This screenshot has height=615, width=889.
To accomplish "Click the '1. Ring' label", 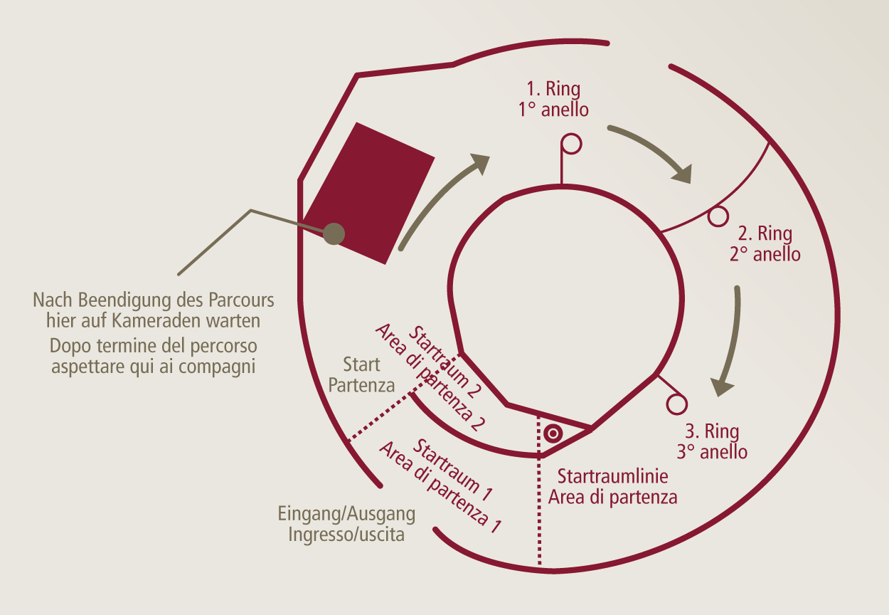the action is click(x=553, y=88).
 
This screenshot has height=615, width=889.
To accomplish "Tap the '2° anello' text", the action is click(x=765, y=254).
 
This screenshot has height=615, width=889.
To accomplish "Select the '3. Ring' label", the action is click(x=712, y=431).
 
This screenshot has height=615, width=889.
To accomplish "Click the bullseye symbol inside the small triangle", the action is click(x=553, y=433).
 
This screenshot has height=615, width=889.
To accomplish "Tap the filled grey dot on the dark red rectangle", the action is click(x=334, y=233).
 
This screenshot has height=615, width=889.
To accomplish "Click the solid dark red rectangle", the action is click(x=368, y=193).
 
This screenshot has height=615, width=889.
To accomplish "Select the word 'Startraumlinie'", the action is click(x=613, y=476).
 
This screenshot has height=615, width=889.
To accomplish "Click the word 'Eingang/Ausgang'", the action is click(x=346, y=514).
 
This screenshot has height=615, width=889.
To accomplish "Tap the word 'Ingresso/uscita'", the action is click(x=346, y=535).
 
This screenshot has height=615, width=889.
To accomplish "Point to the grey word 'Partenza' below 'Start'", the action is click(x=361, y=385).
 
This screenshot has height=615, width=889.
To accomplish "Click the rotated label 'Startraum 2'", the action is click(x=445, y=362).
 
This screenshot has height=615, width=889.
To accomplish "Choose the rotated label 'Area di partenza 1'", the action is click(x=440, y=487).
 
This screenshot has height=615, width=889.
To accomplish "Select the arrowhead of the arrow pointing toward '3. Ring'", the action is click(x=722, y=387).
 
